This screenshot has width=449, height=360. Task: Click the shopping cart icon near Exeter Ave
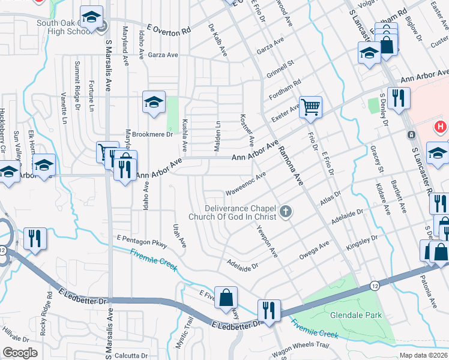311,107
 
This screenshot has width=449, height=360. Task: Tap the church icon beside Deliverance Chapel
286,211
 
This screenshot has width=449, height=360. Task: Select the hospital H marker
441,127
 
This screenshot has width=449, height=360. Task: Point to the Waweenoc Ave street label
245,184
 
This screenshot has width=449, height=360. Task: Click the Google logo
20,352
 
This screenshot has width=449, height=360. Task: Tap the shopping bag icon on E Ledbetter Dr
226,298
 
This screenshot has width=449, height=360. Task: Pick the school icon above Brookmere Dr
154,103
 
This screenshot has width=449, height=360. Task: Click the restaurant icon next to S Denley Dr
399,98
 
